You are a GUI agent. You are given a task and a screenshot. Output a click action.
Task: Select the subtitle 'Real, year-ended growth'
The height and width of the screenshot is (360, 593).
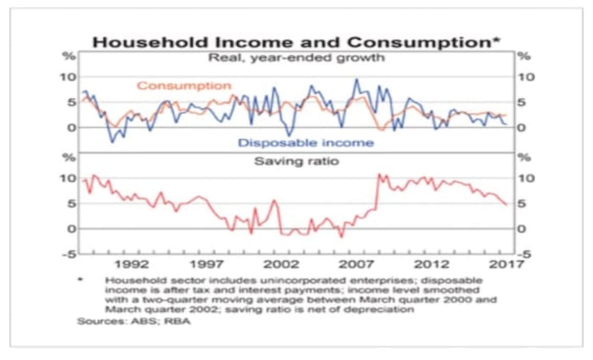coord(296,57)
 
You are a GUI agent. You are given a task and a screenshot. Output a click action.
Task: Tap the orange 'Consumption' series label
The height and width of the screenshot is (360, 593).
coord(184,86)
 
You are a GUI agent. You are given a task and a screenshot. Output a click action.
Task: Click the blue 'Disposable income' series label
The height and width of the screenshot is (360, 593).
coord(306,143)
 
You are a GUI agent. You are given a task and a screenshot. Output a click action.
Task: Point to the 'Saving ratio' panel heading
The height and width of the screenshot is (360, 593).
coord(296,161)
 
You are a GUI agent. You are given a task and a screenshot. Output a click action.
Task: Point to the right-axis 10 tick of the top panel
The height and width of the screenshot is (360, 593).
coord(527,77)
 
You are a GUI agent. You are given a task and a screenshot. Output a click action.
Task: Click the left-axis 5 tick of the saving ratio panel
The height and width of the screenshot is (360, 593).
coord(72,204)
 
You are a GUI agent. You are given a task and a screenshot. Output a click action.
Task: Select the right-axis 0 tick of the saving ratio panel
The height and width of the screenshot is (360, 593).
coord(522,229)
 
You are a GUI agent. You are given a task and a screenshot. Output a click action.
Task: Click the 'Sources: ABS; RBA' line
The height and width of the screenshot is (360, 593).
coord(133,322)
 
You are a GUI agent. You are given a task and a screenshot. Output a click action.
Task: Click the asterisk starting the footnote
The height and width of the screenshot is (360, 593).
coord(80,281)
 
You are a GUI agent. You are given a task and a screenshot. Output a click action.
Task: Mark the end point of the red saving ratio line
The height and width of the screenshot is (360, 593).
coord(507,205)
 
